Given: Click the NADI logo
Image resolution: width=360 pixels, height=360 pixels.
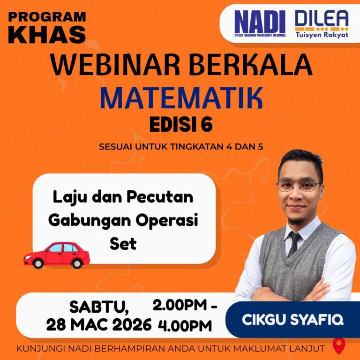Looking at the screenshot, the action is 260,23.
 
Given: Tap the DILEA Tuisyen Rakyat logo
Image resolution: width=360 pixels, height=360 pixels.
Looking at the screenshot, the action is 322,24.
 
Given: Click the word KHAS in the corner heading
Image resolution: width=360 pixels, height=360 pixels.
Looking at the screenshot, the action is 47,35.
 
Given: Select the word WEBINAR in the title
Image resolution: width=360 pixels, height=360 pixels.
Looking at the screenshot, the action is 115,65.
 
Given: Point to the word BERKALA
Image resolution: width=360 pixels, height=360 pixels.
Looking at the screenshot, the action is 250,65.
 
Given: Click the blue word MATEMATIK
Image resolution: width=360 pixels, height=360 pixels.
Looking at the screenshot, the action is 181,98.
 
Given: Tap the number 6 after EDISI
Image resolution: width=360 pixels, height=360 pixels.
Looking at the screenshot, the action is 207,125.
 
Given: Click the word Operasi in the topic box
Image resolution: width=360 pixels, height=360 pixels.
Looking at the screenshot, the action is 166,220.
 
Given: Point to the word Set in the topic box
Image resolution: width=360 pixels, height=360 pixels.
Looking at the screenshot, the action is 123,244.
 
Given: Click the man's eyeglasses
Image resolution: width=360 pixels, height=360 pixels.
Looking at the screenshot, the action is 299,184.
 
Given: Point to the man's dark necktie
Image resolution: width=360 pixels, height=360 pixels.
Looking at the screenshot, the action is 294,244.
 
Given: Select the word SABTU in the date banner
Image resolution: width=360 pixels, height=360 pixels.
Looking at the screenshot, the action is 99,307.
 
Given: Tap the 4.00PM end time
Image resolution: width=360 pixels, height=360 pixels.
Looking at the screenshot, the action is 185,326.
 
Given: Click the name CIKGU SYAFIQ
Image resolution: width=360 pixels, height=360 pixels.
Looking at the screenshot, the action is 292,320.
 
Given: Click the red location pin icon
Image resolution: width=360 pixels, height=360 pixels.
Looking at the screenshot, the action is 339,345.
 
